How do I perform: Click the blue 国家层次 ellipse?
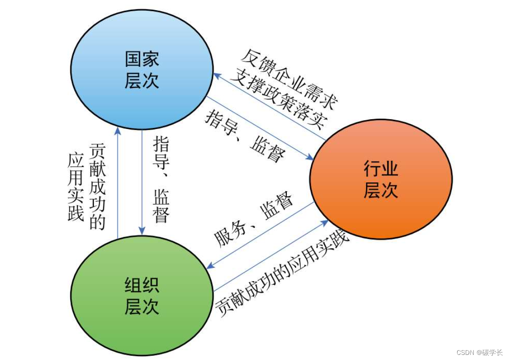click(x=142, y=70)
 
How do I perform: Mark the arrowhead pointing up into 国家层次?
click(x=118, y=130)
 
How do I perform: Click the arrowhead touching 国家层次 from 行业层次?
click(x=217, y=75)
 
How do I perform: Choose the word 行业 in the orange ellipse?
click(x=381, y=170)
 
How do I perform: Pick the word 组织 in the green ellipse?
click(x=142, y=285)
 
